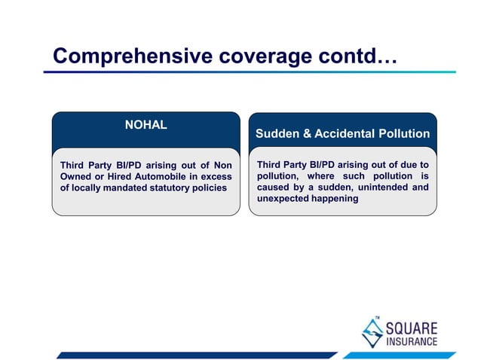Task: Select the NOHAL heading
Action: tap(146, 125)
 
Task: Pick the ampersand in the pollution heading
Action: tap(305, 134)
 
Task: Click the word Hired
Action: tap(118, 176)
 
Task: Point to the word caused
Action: tap(274, 188)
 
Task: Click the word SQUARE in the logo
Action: tap(411, 328)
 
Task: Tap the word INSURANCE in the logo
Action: tap(411, 342)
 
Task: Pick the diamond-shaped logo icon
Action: tap(372, 332)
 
